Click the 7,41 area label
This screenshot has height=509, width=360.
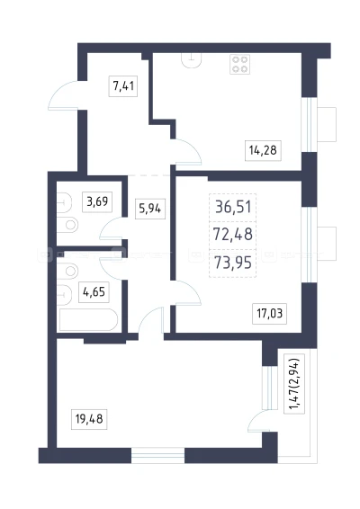point(123,86)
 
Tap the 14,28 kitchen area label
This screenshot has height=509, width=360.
point(263,150)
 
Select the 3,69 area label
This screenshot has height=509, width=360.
point(97,201)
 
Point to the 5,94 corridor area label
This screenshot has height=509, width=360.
point(149,209)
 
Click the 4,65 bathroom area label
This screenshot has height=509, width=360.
point(94,292)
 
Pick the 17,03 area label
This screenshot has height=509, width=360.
point(270,314)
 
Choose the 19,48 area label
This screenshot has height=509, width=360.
point(89,419)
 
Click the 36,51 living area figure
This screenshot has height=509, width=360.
point(233,207)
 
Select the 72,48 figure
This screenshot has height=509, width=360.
point(233,234)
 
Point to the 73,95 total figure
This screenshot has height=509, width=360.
point(233,263)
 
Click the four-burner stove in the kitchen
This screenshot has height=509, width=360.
point(240,64)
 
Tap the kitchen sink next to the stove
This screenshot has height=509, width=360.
point(192,61)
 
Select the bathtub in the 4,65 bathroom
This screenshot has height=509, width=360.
point(87,320)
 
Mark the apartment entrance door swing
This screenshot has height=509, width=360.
point(64,95)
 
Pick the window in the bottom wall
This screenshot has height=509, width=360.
point(157,455)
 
